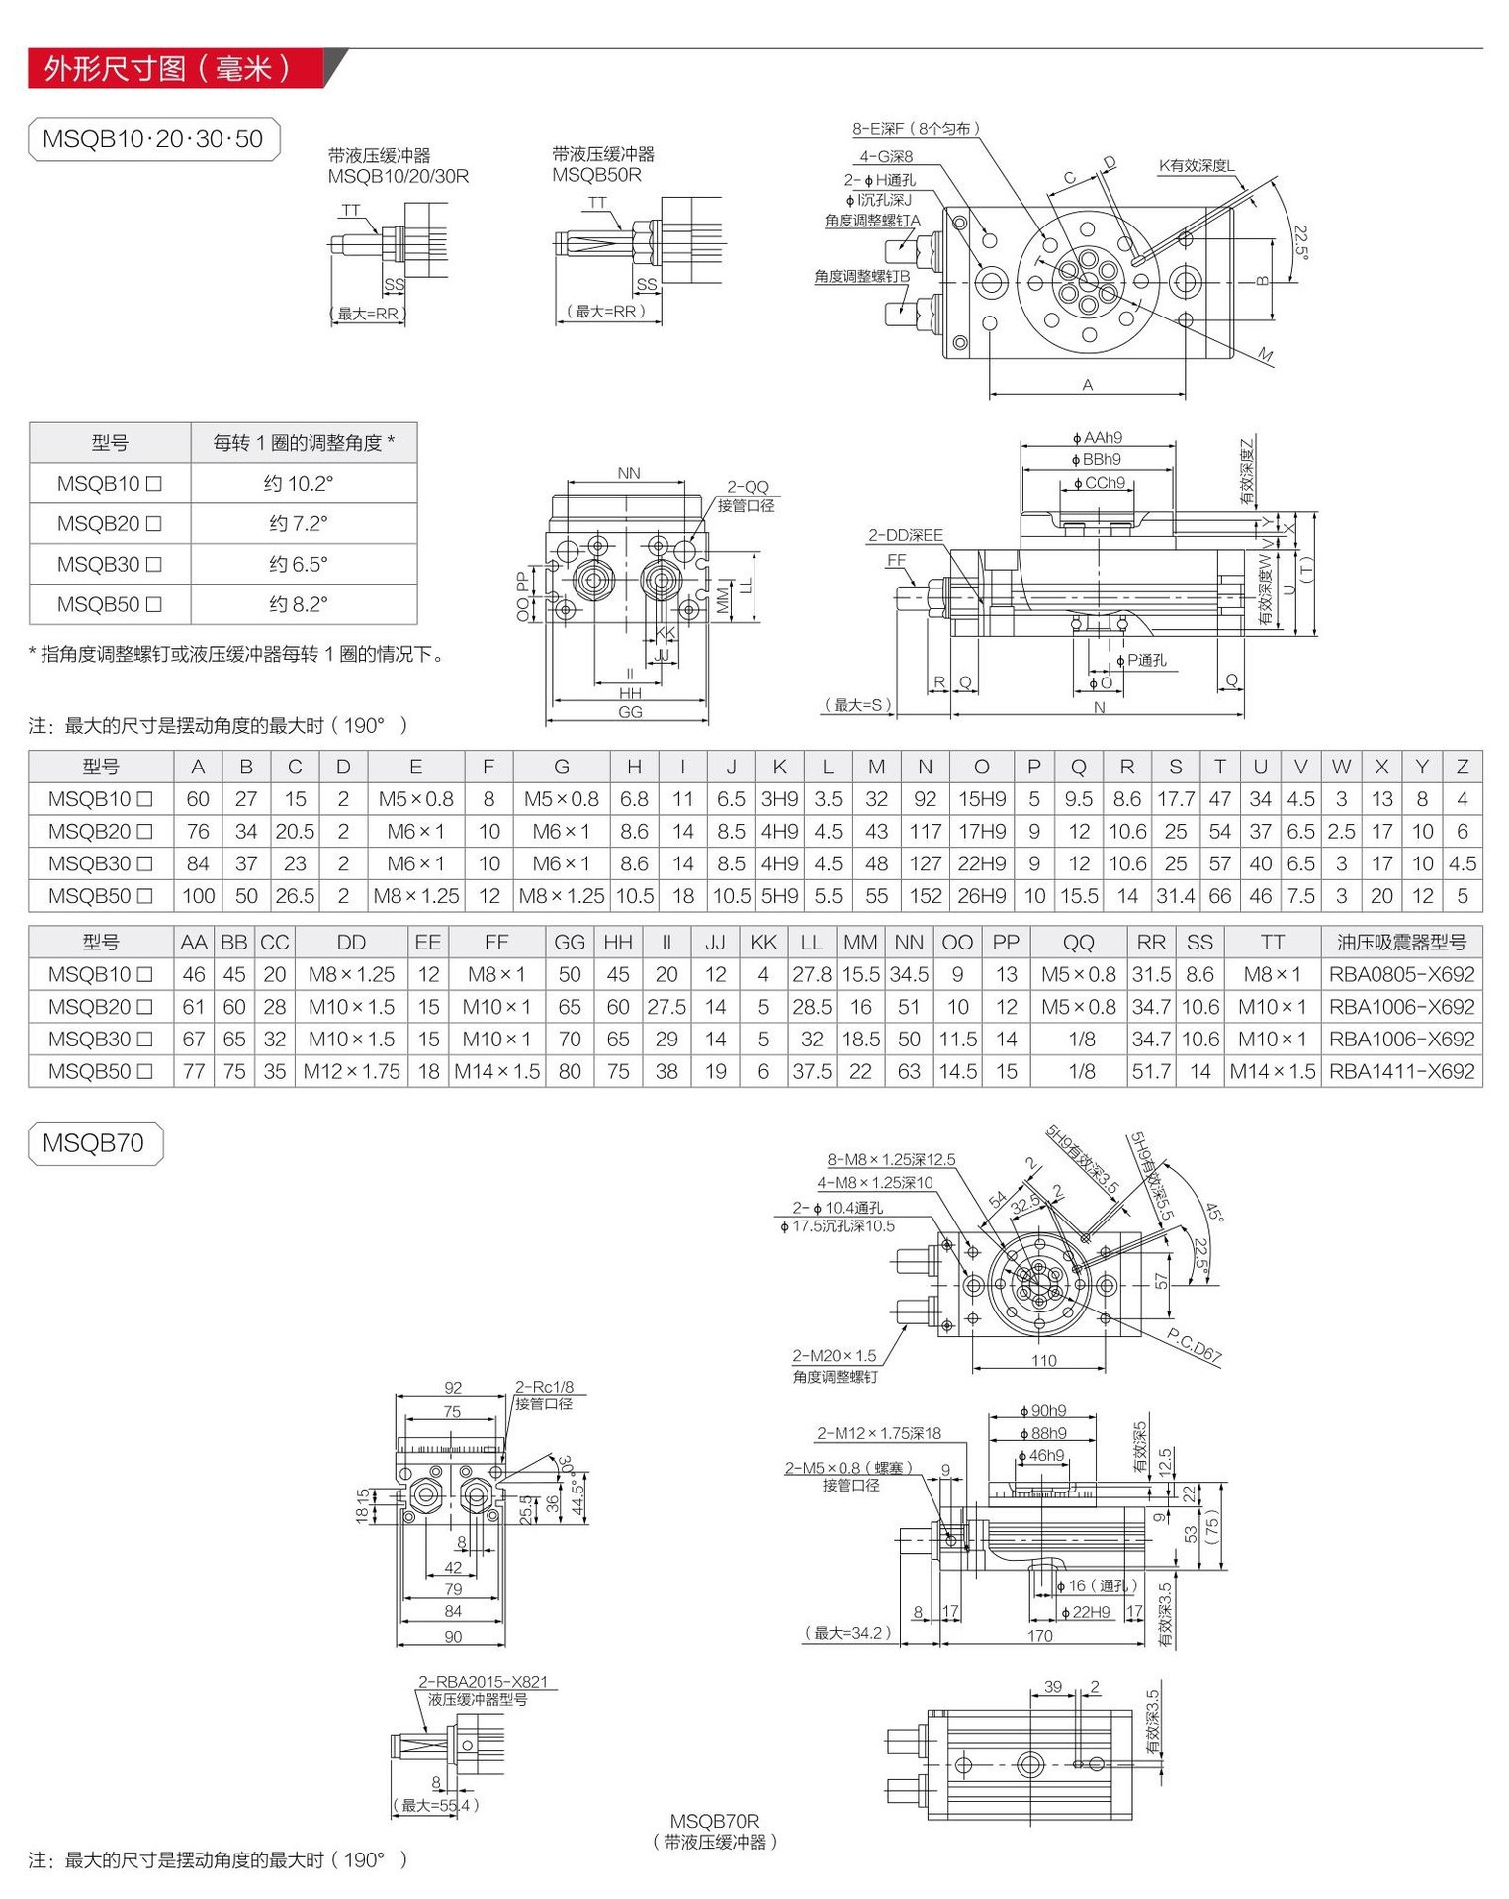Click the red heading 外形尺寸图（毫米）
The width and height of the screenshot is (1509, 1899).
tap(168, 68)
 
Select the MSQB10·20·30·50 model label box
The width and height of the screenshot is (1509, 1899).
tap(153, 139)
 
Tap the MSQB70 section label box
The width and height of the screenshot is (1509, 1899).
tap(94, 1143)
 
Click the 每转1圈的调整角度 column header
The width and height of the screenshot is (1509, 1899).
tap(304, 443)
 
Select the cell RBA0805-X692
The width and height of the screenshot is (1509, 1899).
tap(1401, 974)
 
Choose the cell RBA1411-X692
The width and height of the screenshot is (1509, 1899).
tap(1401, 1071)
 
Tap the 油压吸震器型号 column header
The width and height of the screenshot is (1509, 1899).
tap(1401, 943)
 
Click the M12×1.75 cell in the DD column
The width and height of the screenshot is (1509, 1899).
tap(351, 1071)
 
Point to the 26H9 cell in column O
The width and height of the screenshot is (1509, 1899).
tap(981, 896)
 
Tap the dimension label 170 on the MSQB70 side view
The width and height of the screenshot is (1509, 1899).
tap(1039, 1636)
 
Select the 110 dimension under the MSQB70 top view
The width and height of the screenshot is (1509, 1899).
tap(1043, 1361)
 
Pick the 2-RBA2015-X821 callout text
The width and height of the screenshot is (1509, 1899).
tap(483, 1682)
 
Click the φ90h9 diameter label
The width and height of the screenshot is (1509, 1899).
tap(1043, 1411)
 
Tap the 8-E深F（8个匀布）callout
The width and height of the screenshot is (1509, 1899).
tap(917, 129)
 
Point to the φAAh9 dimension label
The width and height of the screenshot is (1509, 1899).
tap(1098, 438)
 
